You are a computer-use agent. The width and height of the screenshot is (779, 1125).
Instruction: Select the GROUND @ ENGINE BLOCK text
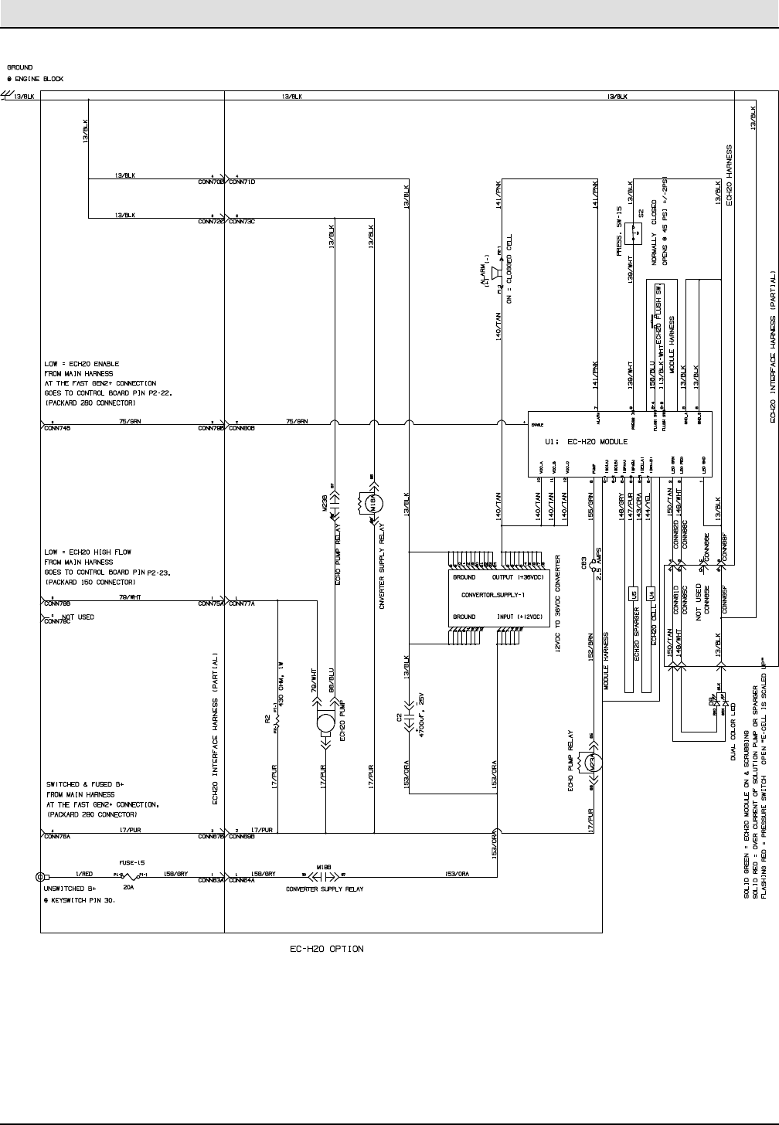[x=36, y=73]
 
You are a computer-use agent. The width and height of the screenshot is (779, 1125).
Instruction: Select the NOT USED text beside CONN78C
[x=78, y=617]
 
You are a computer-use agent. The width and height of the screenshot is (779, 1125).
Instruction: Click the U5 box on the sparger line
[x=633, y=594]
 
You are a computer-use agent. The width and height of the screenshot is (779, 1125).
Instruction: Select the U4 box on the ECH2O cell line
[x=651, y=594]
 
